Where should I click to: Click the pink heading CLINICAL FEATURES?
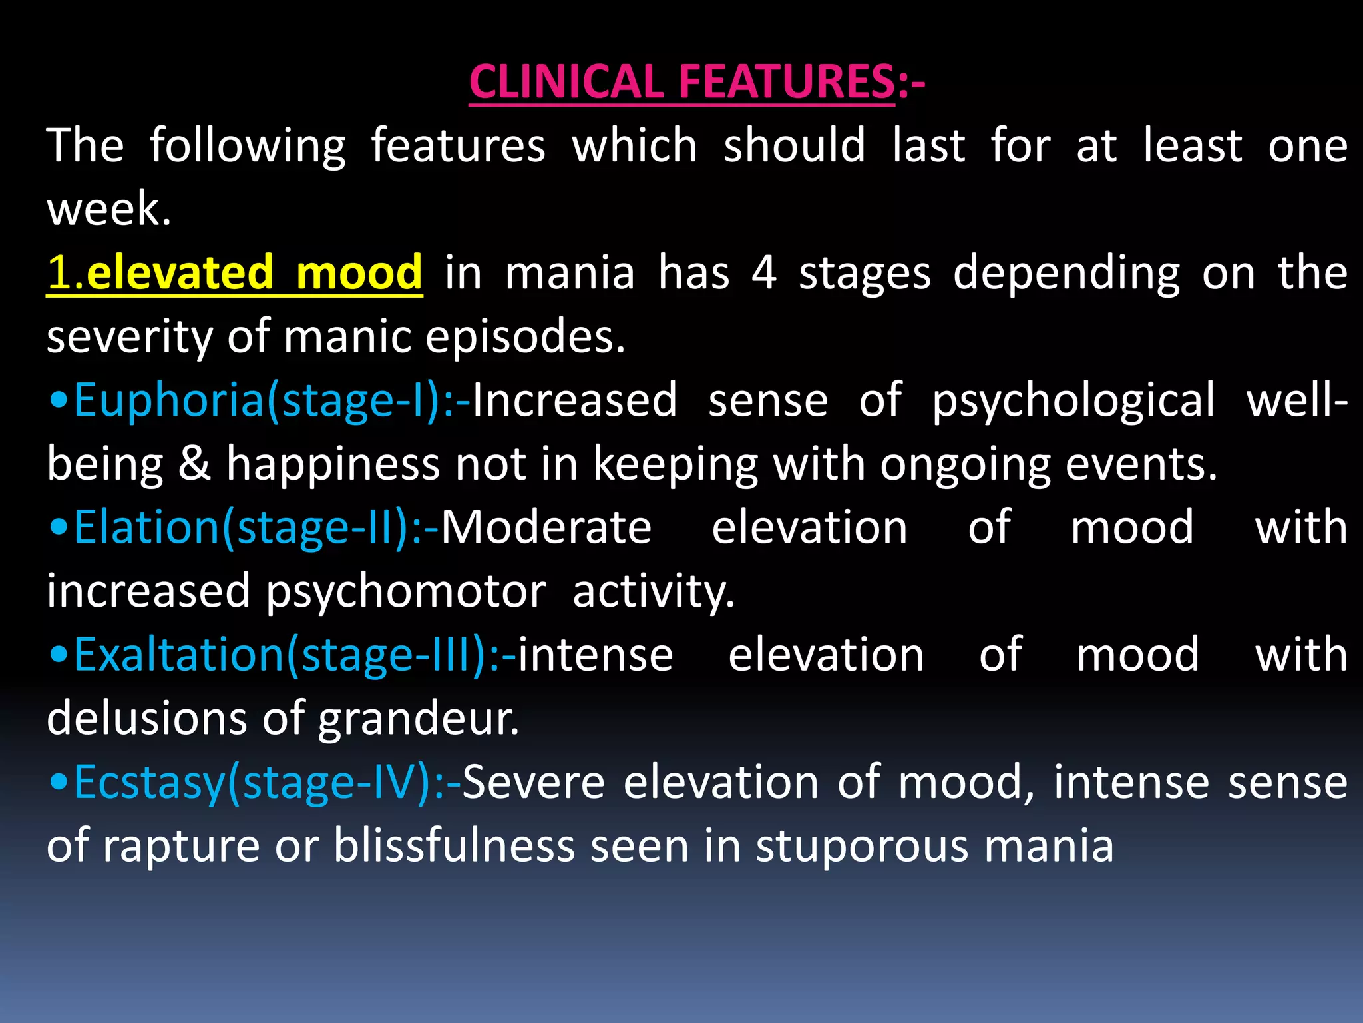coord(682,82)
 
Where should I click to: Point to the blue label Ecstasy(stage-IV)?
coord(253,782)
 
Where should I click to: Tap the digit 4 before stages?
coord(764,272)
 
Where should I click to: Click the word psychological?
coord(1073,402)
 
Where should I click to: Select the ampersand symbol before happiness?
coord(194,464)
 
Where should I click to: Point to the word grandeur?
coord(418,719)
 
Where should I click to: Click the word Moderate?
coord(546,527)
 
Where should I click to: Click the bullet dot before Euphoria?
coord(59,402)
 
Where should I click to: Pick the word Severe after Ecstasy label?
coord(533,782)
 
